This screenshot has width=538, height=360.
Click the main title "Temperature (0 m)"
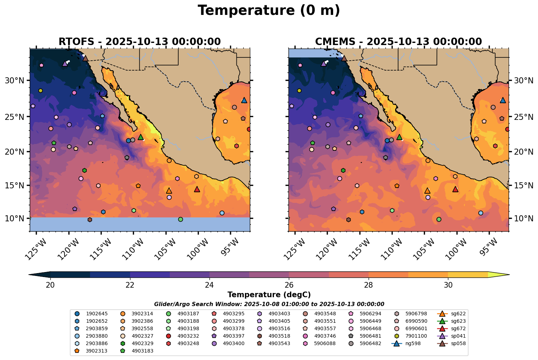[269, 11]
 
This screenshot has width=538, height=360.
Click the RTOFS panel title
[140, 42]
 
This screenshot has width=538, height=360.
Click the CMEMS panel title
[398, 42]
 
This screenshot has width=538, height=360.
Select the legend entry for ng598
[406, 343]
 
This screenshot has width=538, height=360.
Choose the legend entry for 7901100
[406, 336]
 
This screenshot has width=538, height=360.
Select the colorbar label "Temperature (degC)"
[269, 295]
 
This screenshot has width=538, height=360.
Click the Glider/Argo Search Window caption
[269, 304]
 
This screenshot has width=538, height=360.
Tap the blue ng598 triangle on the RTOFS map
[244, 100]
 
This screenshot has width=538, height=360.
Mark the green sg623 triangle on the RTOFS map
[141, 137]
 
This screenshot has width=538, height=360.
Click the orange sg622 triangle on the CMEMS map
[427, 191]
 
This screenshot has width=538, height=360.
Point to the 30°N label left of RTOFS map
[14, 81]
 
